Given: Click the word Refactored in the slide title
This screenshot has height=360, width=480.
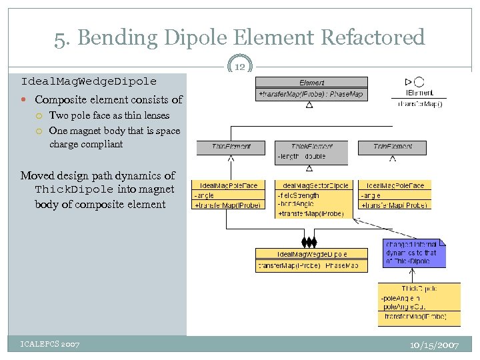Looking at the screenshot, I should tap(373, 37).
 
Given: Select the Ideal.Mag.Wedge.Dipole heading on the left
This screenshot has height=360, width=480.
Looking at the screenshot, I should tap(89, 81).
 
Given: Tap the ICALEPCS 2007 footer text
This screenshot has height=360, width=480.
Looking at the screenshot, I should tap(50, 344).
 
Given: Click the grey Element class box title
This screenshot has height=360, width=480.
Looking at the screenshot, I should tap(311, 83).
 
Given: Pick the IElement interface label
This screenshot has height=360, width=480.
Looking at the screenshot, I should tap(419, 93).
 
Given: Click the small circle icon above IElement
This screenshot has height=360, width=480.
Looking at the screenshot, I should tap(419, 81).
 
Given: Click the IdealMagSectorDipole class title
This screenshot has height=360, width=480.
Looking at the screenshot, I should tap(311, 185).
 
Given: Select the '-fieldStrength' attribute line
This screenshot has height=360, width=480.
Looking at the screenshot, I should tap(298, 196).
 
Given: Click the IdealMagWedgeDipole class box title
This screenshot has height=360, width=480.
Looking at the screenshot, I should tap(311, 254).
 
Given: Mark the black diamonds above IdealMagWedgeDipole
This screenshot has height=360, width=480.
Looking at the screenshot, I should tap(309, 241).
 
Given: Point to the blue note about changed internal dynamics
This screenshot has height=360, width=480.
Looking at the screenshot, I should tap(413, 253).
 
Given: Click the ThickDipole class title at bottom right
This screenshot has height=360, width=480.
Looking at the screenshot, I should tap(419, 288).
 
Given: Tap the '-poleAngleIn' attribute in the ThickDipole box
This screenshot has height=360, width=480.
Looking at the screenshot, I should tap(401, 299).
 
